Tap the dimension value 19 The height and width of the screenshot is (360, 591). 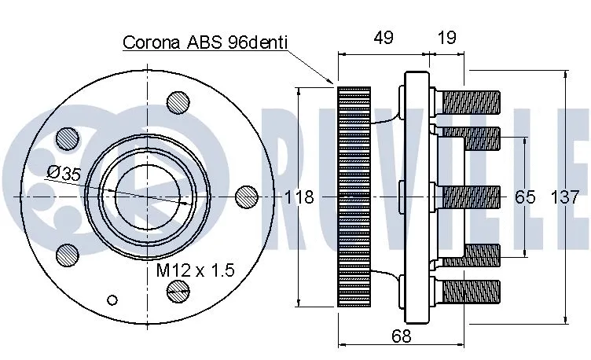coord(446,37)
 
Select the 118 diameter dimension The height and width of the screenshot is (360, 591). coord(299,197)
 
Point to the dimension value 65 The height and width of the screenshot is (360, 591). coord(525,197)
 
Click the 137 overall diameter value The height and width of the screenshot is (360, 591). coord(571,197)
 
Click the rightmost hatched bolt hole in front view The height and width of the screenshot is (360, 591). coord(246,196)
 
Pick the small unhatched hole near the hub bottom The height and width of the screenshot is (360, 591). coord(113,299)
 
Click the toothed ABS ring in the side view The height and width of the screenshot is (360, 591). coord(353,196)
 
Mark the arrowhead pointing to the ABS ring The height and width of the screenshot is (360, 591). coord(332,81)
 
